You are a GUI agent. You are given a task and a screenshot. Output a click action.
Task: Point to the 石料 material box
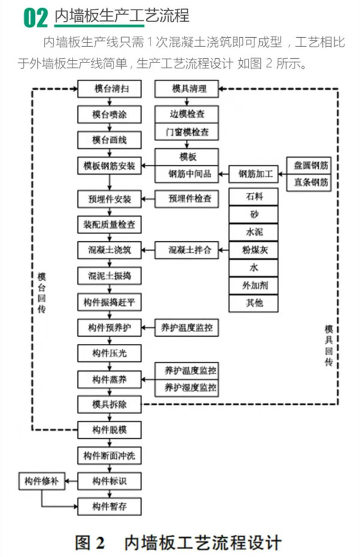254,196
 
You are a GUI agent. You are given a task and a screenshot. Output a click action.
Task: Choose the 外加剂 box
254,285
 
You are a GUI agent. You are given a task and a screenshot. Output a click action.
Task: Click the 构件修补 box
41,481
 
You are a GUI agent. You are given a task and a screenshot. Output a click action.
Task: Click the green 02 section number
35,18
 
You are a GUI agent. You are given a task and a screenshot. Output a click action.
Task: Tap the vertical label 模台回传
41,291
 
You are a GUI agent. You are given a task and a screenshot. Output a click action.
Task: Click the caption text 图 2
90,543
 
